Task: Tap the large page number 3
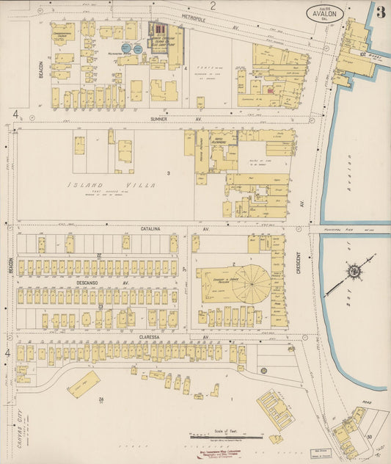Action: coord(379,12)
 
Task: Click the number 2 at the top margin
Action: coord(213,6)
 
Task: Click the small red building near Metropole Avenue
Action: coord(269,91)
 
